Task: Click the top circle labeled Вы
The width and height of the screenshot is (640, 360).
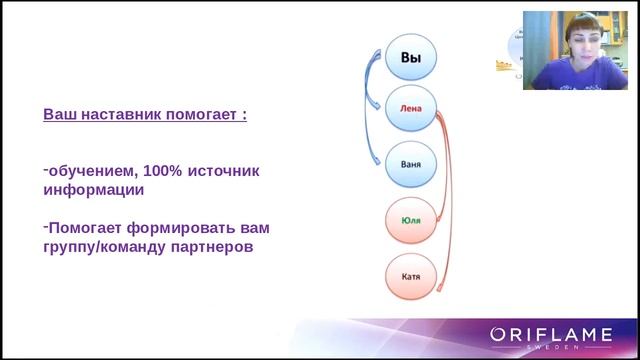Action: [x=411, y=58]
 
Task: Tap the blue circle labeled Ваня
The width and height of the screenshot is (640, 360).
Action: [x=411, y=164]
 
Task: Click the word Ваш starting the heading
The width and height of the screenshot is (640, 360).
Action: [x=59, y=115]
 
